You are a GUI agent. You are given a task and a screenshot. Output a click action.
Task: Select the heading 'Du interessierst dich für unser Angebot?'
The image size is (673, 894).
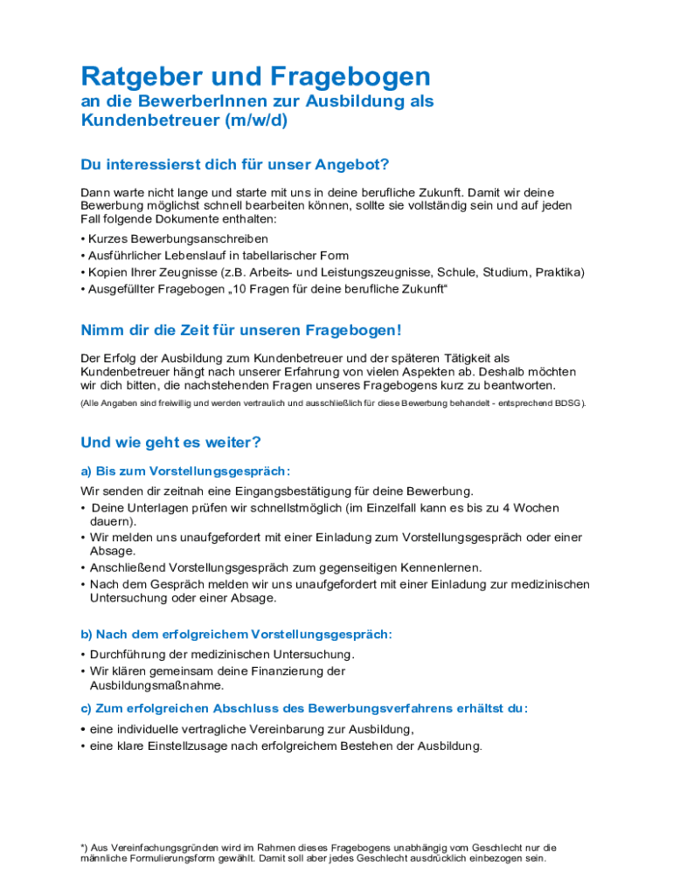point(235,165)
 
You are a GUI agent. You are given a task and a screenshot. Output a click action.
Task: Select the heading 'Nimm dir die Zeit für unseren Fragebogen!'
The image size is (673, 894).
point(241,331)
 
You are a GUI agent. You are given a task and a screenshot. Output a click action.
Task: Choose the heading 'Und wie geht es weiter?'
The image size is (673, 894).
point(170,443)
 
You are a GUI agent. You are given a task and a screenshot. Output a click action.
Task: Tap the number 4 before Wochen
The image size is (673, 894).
point(518,508)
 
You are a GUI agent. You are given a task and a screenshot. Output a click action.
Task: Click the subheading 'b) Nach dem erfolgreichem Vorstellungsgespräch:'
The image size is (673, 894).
point(236,635)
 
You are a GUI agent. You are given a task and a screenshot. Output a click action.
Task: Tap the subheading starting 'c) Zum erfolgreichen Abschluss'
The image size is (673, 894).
point(304,709)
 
